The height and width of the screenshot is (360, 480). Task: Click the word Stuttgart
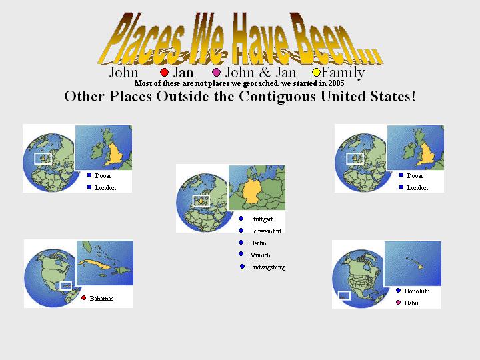(261, 219)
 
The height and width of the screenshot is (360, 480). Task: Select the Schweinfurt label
(266, 231)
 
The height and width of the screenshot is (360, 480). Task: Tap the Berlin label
(258, 243)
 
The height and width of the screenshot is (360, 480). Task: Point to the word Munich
(260, 255)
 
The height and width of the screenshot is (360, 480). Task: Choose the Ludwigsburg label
(267, 267)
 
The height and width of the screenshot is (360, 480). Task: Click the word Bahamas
(101, 299)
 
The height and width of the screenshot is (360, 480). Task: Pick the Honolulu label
(417, 291)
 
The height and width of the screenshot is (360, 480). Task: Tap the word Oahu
(411, 303)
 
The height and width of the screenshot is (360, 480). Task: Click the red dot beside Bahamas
(83, 298)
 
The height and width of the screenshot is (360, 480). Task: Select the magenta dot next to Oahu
(398, 303)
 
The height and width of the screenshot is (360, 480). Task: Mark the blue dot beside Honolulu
(398, 291)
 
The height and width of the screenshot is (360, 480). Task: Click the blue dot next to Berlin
(241, 243)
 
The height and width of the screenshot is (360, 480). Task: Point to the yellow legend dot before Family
(316, 73)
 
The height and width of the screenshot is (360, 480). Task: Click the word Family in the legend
(343, 73)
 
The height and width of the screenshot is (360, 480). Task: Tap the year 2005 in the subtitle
(337, 83)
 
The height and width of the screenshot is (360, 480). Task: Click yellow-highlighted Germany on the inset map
(254, 191)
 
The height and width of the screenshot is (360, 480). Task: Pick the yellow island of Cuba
(94, 264)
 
